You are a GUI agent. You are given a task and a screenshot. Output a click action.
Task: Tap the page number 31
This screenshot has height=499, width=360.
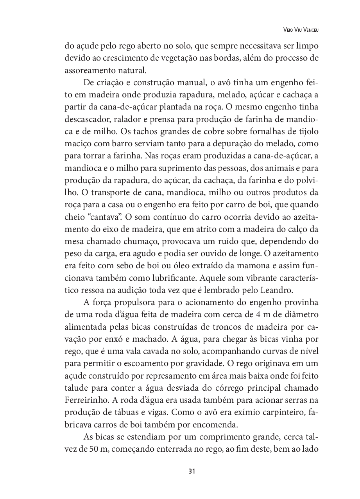(192, 471)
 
